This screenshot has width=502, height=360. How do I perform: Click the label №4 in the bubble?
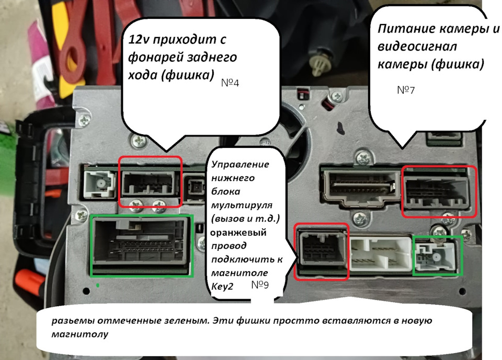[x=231, y=83]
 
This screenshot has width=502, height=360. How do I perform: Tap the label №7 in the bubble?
[x=406, y=90]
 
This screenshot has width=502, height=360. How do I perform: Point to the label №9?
[x=260, y=285]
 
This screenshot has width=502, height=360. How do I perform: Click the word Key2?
[x=222, y=286]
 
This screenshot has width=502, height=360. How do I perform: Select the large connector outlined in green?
[x=142, y=244]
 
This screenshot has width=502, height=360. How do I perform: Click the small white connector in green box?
[x=437, y=256]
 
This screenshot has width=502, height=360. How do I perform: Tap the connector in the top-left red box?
[x=151, y=183]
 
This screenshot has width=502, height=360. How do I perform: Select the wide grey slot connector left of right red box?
[x=361, y=188]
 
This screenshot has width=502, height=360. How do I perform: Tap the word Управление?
[x=241, y=164]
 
